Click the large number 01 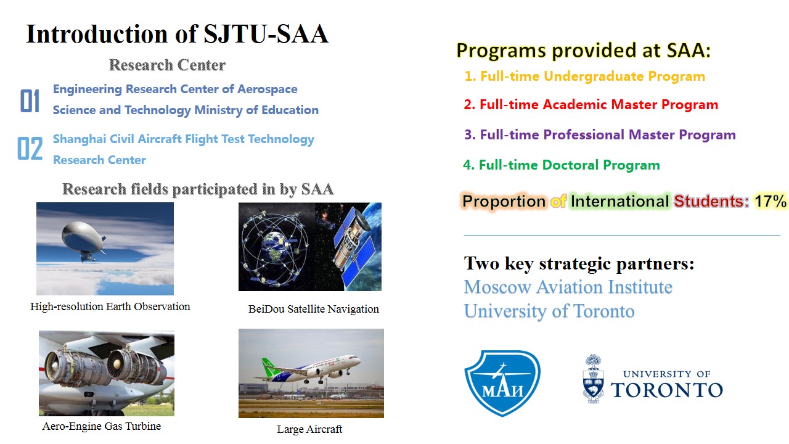coord(30,101)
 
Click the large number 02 coord(30,149)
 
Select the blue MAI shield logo coord(502,383)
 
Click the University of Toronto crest coord(594,379)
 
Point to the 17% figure coord(770,202)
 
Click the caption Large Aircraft coord(309,429)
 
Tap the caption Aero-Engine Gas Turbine coord(102,426)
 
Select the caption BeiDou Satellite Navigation coord(314,309)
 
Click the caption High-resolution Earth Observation coord(110,306)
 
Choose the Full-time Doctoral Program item coord(561,165)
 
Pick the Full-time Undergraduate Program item coord(585,76)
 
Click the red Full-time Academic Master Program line coord(591,105)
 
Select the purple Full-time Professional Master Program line coord(600,134)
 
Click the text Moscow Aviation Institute coord(568,287)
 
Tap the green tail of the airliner coord(270,367)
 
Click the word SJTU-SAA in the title coord(266,34)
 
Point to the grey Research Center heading coord(167,65)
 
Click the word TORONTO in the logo coord(667,390)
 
